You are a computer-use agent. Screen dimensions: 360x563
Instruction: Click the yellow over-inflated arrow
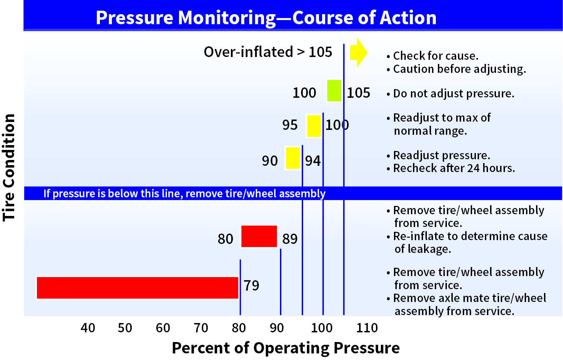coord(358,53)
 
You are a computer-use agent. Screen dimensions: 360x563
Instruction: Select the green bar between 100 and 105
coord(334,91)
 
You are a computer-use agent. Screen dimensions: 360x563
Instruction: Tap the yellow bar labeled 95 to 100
coord(314,126)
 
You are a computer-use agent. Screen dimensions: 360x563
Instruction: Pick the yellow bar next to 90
coord(293,158)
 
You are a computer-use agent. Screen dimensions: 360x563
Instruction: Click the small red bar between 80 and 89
coord(259,236)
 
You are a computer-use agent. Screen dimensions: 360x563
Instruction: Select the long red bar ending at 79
coord(137,287)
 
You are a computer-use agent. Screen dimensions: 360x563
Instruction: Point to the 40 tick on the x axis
coord(88,328)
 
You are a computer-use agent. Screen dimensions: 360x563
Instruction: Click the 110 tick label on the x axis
coord(367,328)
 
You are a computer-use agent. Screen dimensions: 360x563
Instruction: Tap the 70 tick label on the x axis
coord(201,328)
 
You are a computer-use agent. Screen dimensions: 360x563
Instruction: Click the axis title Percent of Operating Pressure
coord(285,348)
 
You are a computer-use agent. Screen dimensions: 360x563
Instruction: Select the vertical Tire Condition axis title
coord(9,168)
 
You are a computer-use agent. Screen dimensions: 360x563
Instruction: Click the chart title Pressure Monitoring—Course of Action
coord(266,18)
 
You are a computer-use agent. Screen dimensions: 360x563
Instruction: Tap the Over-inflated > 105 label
coord(268,52)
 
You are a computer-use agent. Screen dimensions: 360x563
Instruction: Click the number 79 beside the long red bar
coord(251,285)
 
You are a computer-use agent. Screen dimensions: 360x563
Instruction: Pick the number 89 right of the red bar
coord(290,239)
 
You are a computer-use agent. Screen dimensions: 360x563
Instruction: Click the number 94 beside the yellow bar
coord(312,161)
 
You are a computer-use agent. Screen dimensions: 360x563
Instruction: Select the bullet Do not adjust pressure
coord(453,94)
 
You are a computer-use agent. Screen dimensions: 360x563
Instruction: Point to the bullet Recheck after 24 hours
coord(454,168)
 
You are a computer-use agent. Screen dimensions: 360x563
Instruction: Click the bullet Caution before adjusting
coord(459,69)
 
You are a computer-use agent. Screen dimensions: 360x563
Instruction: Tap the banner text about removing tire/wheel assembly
coord(184,193)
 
